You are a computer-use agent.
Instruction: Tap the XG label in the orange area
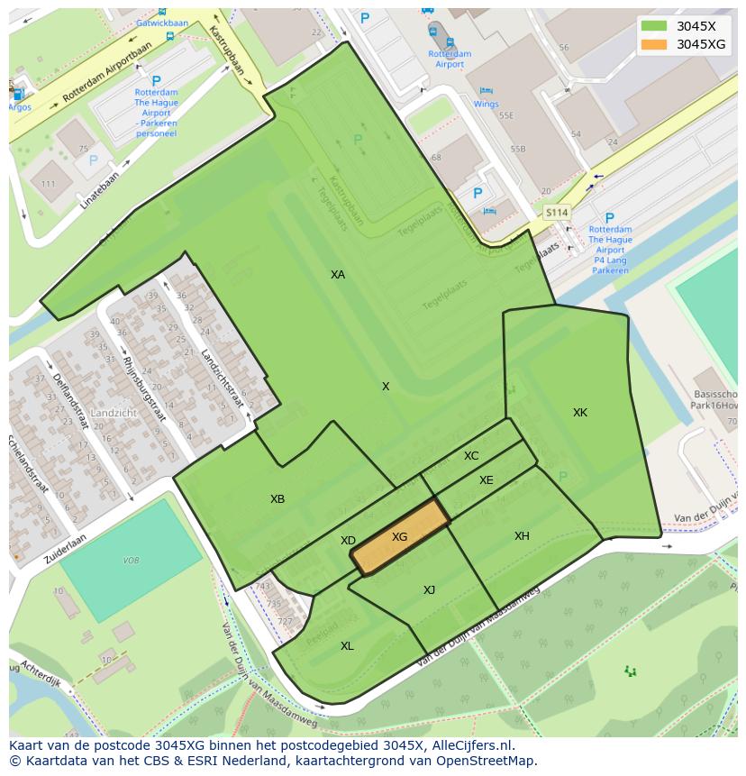(400, 537)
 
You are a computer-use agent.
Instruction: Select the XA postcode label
(338, 275)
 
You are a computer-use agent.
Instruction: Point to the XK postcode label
(580, 413)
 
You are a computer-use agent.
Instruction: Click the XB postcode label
(277, 499)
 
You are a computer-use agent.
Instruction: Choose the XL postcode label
(347, 646)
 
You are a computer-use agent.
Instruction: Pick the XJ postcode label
(430, 590)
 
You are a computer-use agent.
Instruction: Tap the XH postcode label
(522, 536)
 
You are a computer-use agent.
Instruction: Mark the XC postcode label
(471, 456)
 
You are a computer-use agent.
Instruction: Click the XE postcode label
(487, 480)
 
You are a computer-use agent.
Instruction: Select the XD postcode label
(348, 541)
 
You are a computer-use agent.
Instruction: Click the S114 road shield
(557, 213)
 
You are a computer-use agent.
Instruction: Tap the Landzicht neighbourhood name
(114, 413)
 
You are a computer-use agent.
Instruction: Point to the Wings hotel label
(486, 104)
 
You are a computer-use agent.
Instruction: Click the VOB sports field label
(132, 561)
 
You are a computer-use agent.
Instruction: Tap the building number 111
(50, 184)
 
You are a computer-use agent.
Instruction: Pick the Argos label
(19, 107)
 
